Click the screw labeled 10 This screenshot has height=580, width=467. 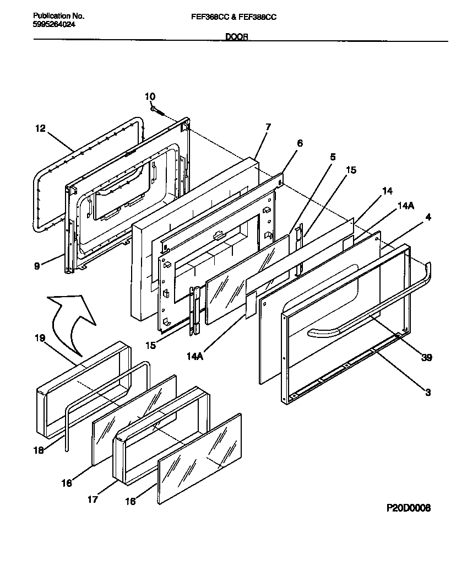click(x=158, y=110)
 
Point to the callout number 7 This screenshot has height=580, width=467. click(x=268, y=127)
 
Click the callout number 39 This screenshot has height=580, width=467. click(x=426, y=358)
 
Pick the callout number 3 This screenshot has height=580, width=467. click(x=428, y=393)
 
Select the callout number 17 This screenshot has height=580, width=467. click(x=93, y=500)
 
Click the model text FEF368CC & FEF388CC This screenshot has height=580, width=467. click(x=234, y=17)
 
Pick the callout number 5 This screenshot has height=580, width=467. click(x=332, y=157)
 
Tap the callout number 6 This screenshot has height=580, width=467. click(x=300, y=143)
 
